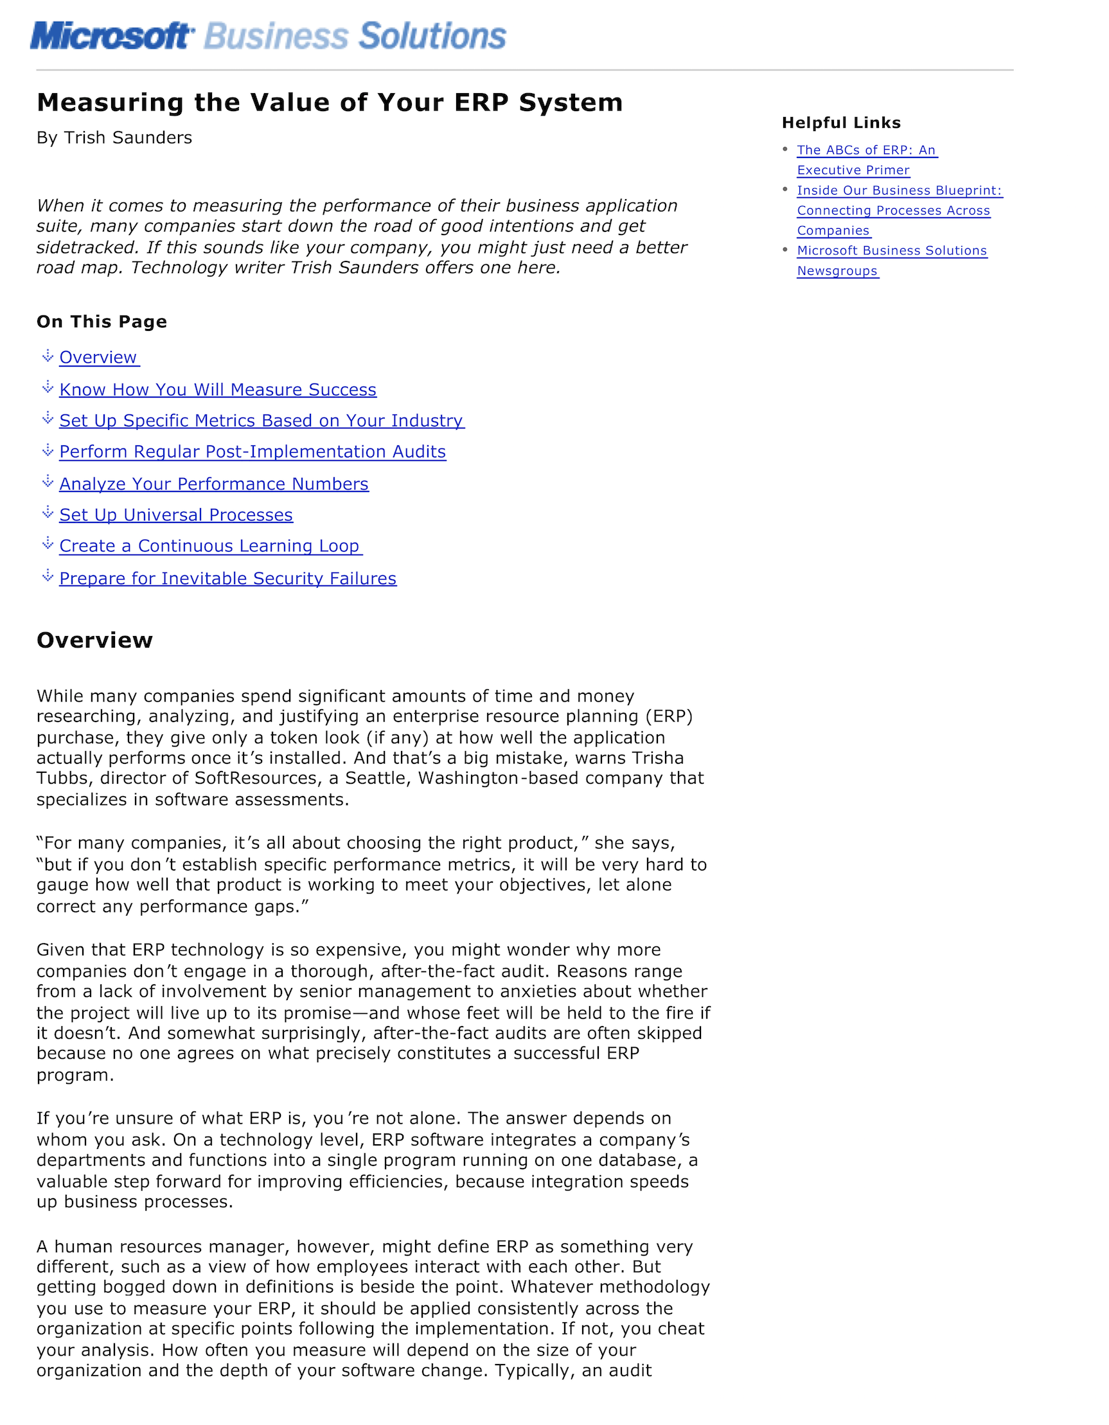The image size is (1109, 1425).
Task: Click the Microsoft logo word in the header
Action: tap(111, 36)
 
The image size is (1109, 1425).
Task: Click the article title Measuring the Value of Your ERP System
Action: tap(330, 102)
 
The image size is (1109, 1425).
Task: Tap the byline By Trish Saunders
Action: tap(114, 137)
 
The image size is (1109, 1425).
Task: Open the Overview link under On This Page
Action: tap(98, 358)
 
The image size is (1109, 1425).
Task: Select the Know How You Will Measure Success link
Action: tap(217, 389)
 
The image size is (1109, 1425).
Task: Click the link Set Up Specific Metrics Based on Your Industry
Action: tap(261, 421)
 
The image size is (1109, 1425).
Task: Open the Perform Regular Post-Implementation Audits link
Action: tap(253, 452)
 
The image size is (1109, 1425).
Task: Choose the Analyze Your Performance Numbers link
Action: tap(213, 484)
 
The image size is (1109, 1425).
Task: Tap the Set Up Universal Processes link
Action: tap(175, 515)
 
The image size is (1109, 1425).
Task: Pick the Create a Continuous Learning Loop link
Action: tap(209, 546)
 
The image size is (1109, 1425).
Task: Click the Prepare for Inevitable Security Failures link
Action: tap(227, 579)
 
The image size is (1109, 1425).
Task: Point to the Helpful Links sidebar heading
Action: tap(841, 123)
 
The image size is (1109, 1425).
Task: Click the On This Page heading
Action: tap(102, 322)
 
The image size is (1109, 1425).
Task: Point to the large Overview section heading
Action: tap(94, 640)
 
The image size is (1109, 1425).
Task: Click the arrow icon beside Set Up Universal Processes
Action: tap(48, 513)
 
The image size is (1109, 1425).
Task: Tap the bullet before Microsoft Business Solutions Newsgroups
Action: tap(785, 250)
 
